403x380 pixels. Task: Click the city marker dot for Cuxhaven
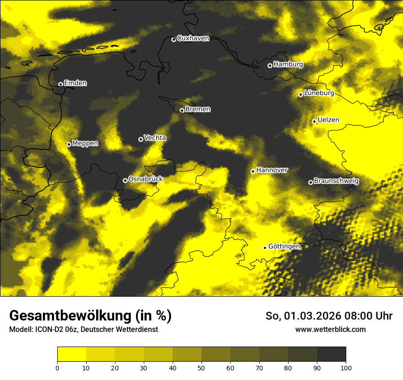pyautogui.click(x=174, y=39)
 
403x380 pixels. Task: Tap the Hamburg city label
pyautogui.click(x=288, y=65)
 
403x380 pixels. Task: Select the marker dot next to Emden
pyautogui.click(x=60, y=84)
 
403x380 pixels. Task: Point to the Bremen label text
pyautogui.click(x=198, y=109)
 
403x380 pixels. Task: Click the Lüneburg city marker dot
pyautogui.click(x=300, y=94)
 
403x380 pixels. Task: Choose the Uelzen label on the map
pyautogui.click(x=328, y=120)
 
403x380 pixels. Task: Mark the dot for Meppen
pyautogui.click(x=69, y=144)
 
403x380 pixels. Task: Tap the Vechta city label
pyautogui.click(x=155, y=138)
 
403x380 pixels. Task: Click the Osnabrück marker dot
pyautogui.click(x=125, y=180)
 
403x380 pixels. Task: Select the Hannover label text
pyautogui.click(x=272, y=170)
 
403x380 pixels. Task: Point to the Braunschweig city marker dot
pyautogui.click(x=310, y=182)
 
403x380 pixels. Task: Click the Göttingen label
pyautogui.click(x=284, y=246)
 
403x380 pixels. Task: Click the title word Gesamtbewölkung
pyautogui.click(x=68, y=316)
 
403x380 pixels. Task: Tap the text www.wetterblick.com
pyautogui.click(x=331, y=330)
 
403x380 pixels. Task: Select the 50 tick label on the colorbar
pyautogui.click(x=201, y=367)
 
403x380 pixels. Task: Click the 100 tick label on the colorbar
pyautogui.click(x=346, y=367)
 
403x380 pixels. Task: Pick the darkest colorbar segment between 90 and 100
pyautogui.click(x=331, y=354)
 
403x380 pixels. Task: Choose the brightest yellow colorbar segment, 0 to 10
pyautogui.click(x=71, y=354)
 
